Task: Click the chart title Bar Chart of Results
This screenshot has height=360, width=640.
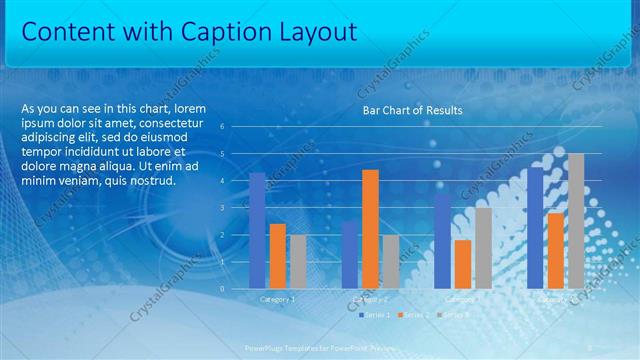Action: tap(412, 110)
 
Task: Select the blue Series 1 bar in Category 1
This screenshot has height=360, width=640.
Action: tap(258, 230)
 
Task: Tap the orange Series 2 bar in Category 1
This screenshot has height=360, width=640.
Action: tap(278, 255)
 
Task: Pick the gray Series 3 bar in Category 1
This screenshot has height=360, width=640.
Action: tap(298, 261)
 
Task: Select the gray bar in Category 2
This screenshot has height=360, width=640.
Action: tap(390, 261)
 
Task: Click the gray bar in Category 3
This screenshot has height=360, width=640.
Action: tap(483, 247)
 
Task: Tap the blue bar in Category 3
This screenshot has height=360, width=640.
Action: tap(442, 240)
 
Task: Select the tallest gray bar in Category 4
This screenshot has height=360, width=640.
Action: tap(576, 220)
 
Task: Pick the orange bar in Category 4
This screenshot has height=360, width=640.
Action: tap(556, 250)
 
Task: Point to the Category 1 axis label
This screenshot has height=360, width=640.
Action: tap(277, 298)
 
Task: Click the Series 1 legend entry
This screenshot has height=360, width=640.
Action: tap(375, 314)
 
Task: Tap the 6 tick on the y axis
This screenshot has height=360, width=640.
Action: tap(236, 127)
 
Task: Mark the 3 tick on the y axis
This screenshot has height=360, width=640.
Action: tap(236, 208)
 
